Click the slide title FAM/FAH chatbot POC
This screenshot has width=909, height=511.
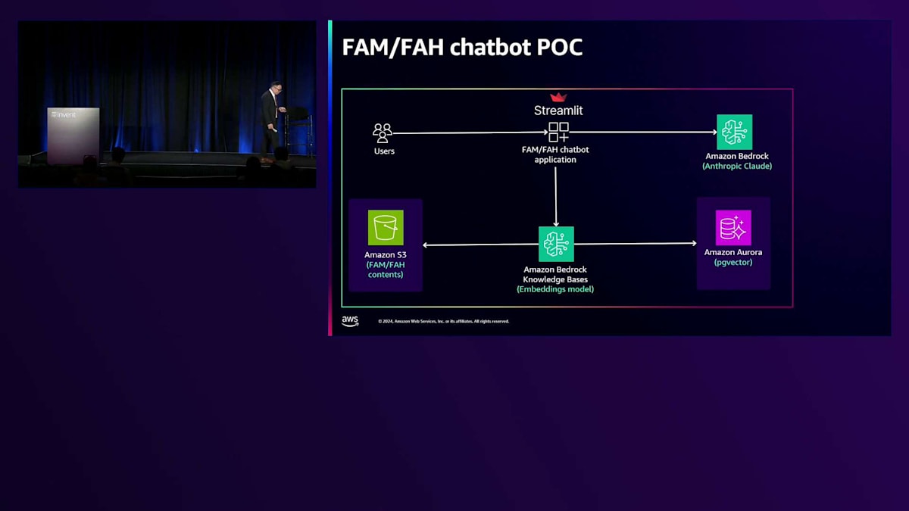462,47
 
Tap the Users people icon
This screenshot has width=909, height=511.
383,133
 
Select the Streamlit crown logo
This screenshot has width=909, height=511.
558,97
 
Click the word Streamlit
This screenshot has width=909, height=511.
558,111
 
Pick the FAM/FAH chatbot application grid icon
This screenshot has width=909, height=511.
558,132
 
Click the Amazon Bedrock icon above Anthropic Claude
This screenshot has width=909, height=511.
735,132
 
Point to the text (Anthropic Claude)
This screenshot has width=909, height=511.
737,166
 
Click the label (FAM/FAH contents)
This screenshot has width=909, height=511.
386,270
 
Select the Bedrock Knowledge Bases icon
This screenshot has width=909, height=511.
556,244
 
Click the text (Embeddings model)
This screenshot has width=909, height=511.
555,289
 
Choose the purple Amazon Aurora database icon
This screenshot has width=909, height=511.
733,228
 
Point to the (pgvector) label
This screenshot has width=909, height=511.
733,263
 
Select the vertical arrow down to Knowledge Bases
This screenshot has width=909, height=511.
556,195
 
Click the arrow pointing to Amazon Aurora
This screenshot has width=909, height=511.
636,244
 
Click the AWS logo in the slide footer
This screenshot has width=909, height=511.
350,321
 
